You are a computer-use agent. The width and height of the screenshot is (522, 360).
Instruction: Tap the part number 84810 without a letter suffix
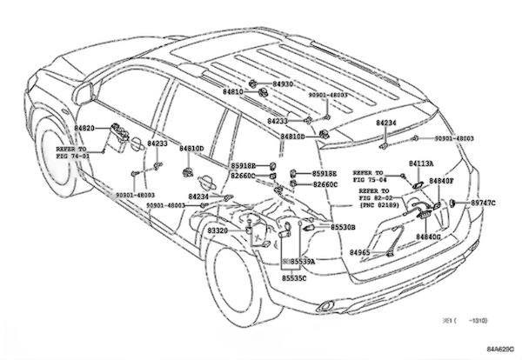[233, 90]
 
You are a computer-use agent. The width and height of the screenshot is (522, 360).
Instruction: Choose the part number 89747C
[483, 203]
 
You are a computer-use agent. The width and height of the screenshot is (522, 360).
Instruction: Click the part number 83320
[217, 230]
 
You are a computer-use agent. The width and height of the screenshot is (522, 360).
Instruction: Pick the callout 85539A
[301, 261]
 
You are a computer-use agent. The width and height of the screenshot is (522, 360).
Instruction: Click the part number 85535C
[293, 278]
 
